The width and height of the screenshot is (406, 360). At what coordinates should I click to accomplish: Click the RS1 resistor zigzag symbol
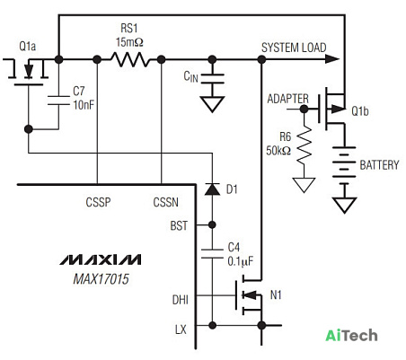(129, 59)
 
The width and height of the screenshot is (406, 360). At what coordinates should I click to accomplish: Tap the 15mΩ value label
(129, 42)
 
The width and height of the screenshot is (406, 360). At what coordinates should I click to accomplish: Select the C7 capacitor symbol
(58, 101)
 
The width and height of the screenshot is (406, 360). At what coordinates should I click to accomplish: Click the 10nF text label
(84, 105)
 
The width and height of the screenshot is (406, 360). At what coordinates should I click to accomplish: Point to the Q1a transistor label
(27, 47)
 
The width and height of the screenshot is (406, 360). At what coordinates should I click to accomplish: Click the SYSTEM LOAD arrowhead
(332, 59)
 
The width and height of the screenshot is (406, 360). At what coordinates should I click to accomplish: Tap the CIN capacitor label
(190, 76)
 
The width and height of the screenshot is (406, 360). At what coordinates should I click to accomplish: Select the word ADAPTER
(287, 99)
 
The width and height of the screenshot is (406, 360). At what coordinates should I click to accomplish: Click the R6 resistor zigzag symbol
(304, 145)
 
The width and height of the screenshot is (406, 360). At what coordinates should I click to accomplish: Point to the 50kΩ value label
(278, 150)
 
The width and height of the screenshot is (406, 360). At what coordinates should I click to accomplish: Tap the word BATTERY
(379, 165)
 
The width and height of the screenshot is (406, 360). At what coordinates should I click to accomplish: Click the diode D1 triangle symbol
(212, 189)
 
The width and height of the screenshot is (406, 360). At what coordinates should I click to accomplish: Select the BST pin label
(179, 225)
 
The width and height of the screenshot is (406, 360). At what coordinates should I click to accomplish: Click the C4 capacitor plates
(212, 253)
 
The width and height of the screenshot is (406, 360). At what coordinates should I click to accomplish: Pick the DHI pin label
(181, 300)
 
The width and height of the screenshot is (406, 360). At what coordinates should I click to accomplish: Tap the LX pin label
(181, 329)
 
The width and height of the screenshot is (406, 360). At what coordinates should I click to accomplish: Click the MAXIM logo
(101, 259)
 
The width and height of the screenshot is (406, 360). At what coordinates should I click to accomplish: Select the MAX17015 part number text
(101, 279)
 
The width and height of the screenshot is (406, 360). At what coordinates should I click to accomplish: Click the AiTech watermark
(351, 336)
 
